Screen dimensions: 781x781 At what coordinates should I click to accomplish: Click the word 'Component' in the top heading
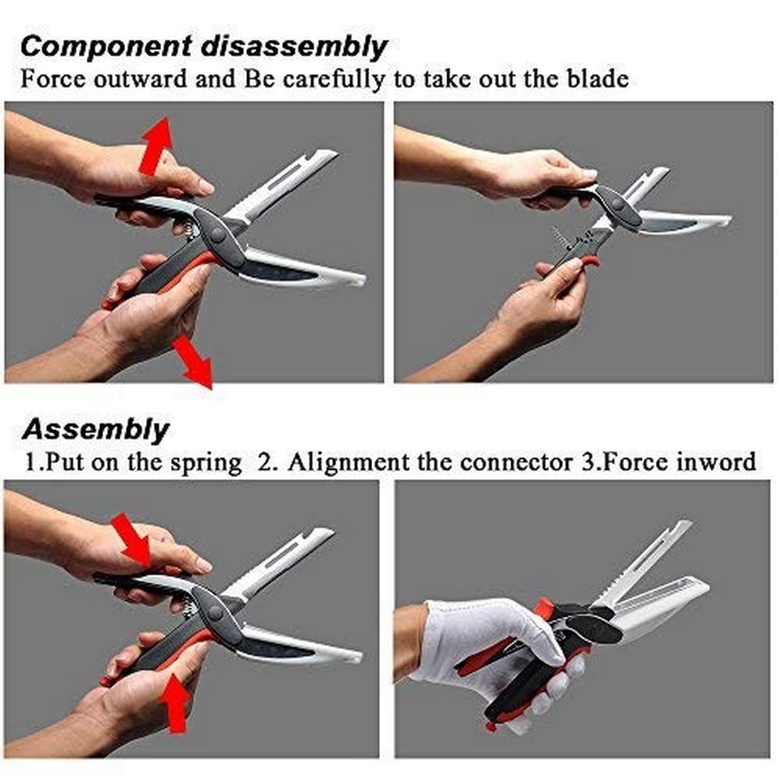[106, 46]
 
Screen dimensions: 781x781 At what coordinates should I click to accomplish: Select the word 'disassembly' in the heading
[295, 48]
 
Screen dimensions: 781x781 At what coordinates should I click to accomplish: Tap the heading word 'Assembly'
[96, 430]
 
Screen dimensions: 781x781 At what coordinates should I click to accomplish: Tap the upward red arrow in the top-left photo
[156, 146]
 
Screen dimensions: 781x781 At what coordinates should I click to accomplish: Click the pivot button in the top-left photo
[218, 234]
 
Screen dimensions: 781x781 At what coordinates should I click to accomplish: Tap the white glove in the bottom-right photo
[488, 648]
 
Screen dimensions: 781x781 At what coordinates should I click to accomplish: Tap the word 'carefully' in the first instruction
[334, 80]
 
